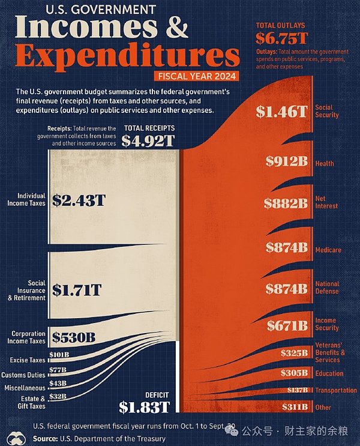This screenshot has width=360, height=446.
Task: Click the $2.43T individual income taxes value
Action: (79, 200)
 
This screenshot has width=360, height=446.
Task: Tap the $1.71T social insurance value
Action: (76, 291)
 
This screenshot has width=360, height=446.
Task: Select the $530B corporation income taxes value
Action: (74, 337)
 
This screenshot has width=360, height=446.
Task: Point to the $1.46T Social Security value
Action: (281, 111)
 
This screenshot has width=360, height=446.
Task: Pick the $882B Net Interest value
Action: (286, 203)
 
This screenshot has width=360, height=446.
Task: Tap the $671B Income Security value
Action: (287, 325)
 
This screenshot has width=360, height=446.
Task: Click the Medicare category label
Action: (328, 250)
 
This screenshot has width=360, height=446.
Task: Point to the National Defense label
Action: (327, 288)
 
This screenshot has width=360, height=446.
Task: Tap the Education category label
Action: (329, 373)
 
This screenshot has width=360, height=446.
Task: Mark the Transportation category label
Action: (335, 390)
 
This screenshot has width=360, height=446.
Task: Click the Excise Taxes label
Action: (27, 360)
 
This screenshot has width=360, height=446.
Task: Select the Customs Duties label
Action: (24, 375)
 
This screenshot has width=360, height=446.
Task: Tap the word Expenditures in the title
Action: (127, 56)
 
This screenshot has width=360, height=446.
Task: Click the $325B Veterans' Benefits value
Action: (293, 353)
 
